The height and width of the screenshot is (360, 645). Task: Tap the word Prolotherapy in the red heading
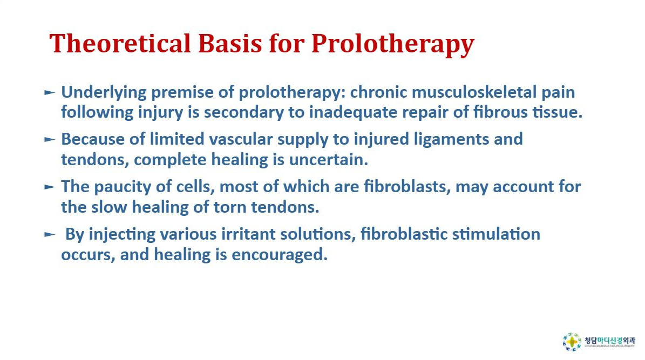pos(393,45)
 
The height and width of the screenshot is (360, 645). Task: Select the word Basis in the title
pos(230,43)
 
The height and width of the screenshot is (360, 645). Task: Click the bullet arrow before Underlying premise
pos(49,93)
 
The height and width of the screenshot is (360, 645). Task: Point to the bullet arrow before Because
pos(49,140)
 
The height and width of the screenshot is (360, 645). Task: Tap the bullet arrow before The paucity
pos(49,187)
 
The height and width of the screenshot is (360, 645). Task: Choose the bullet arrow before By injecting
pos(49,235)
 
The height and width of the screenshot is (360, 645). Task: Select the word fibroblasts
pos(407,187)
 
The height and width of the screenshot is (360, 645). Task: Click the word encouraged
pos(280,255)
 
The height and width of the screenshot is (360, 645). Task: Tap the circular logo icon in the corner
pos(572,342)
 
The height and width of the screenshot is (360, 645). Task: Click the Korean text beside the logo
pos(609,341)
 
